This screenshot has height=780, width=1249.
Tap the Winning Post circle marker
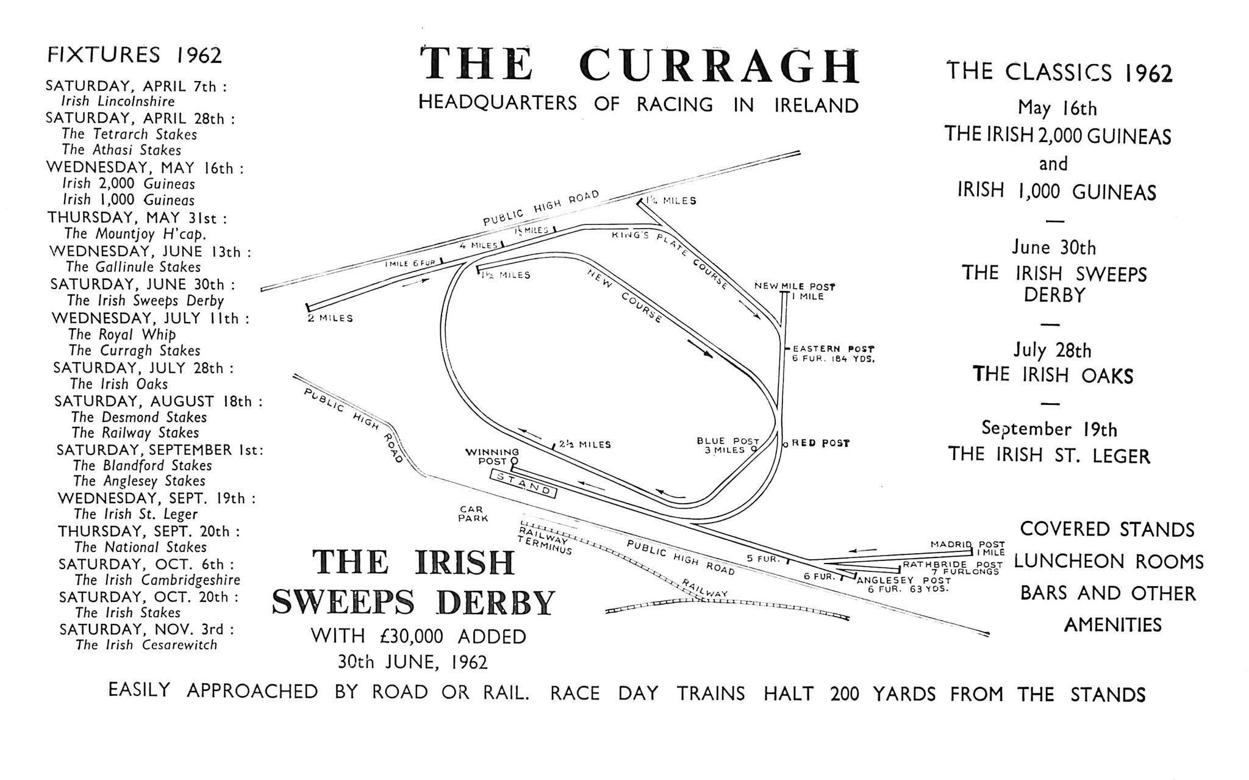[x=514, y=461]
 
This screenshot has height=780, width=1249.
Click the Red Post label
[x=820, y=443]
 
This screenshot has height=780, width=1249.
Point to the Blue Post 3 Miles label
[x=728, y=445]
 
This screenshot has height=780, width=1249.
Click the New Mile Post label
[x=795, y=286]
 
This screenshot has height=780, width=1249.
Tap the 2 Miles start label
[x=331, y=318]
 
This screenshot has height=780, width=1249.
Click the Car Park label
[x=473, y=513]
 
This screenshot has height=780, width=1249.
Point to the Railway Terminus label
[x=545, y=540]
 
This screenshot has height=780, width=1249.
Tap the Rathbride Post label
[x=952, y=565]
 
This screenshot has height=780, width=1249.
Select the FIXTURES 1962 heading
[x=134, y=55]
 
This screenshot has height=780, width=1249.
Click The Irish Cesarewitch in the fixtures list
[x=146, y=645]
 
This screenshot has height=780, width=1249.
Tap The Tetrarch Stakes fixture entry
[x=129, y=134]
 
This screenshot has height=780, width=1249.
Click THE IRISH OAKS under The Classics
[x=1053, y=374]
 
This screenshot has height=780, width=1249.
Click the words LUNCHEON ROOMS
[x=1109, y=561]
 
